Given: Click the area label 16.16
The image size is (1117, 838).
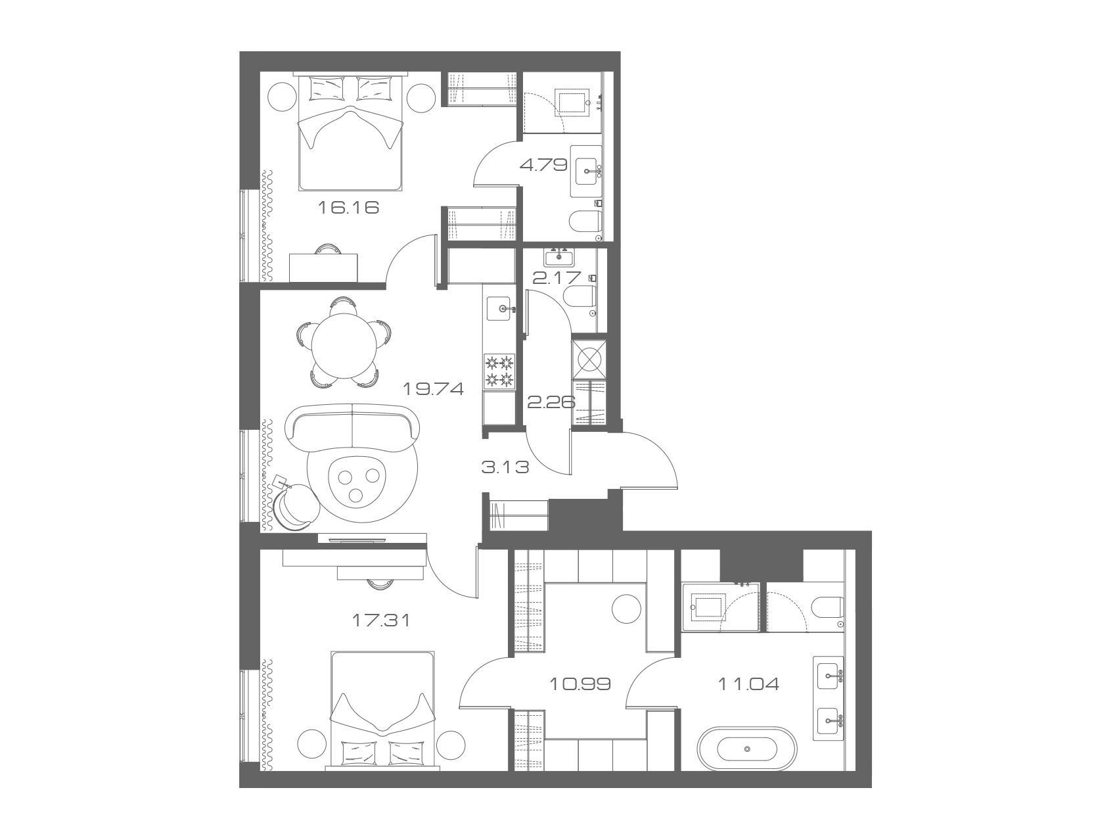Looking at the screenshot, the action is pos(349,208).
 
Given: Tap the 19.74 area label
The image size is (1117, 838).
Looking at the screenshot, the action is pos(434,389).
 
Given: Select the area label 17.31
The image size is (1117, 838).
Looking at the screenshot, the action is pos(381,619).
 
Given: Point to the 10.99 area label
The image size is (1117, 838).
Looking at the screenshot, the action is pos(580,684).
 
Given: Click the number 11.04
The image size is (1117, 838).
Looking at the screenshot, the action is pos(748,684).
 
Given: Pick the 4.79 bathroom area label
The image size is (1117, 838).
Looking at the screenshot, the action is pos(543,164).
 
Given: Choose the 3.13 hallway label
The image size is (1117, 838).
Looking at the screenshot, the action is pos(505,467).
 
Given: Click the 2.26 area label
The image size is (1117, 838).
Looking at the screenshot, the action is pos(551,402).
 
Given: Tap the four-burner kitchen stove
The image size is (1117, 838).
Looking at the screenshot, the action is pos(499,370).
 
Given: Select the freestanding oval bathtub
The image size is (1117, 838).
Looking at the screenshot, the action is pos(749,749).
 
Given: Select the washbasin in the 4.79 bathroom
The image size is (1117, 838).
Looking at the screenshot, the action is pos(586,172).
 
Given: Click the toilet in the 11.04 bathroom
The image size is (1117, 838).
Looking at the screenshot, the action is pos(827,608).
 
